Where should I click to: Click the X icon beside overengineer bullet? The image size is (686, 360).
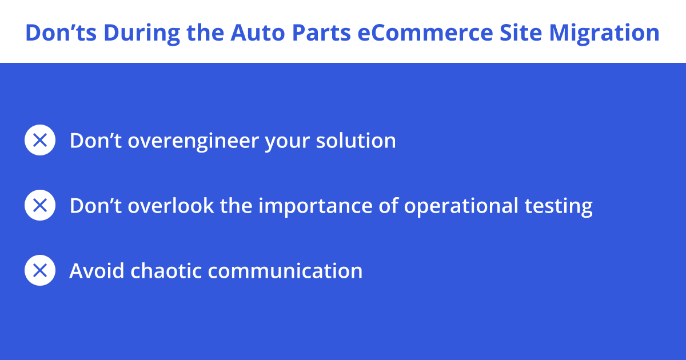pos(40,140)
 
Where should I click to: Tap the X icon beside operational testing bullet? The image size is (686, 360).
pos(40,205)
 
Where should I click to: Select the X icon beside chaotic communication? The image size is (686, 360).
pos(40,270)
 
